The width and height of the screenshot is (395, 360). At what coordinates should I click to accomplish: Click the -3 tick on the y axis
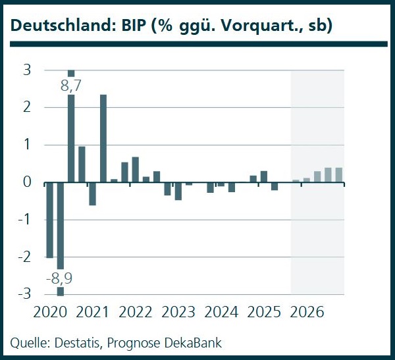click(28, 294)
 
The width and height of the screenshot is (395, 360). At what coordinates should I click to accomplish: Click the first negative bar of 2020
click(49, 220)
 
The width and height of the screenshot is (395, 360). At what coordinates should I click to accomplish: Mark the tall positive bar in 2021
click(103, 138)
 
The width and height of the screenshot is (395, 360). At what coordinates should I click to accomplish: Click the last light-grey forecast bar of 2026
click(339, 175)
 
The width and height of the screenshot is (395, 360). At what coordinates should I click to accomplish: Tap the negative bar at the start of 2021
click(93, 194)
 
